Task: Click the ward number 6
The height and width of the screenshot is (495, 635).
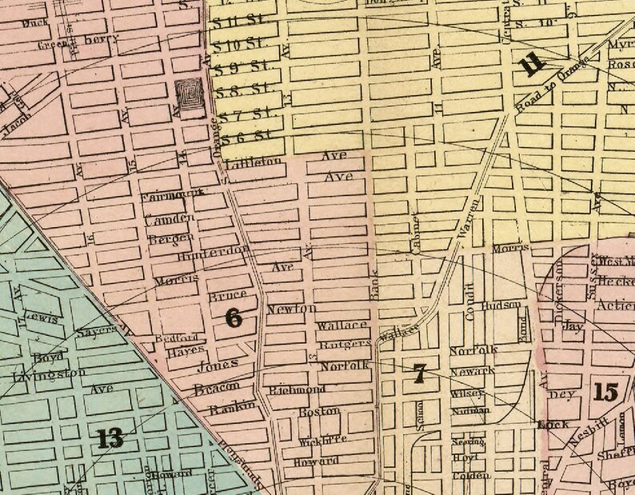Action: (234, 318)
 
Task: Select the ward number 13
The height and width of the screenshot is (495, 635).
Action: (110, 437)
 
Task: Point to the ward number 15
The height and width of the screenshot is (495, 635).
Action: (606, 392)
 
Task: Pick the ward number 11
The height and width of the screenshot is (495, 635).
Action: (532, 66)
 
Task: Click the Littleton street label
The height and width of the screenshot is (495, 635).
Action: (254, 162)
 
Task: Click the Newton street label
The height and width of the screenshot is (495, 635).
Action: (291, 309)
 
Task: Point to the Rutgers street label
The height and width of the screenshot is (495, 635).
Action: (345, 344)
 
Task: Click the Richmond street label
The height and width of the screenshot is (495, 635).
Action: (297, 390)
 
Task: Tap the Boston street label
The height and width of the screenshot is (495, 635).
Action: (319, 411)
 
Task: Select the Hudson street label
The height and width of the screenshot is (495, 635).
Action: (501, 305)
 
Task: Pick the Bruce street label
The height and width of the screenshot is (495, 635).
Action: (227, 295)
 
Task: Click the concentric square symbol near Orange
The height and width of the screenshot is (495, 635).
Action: (190, 98)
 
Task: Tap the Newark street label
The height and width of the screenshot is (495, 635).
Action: (472, 371)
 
